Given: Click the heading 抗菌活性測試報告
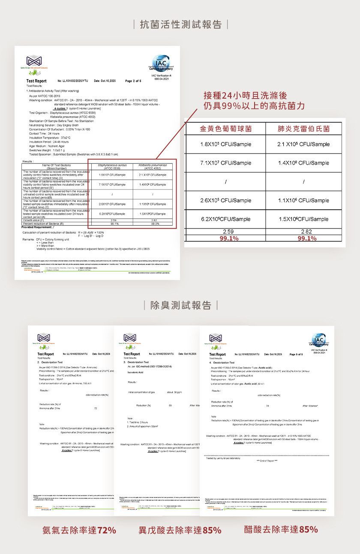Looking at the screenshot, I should pyautogui.click(x=180, y=24).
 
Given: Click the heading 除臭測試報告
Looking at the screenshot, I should pyautogui.click(x=180, y=305).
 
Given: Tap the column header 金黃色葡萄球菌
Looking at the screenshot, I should pyautogui.click(x=225, y=129).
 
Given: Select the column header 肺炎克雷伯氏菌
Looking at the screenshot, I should pyautogui.click(x=303, y=129).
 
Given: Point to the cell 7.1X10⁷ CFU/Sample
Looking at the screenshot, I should pyautogui.click(x=225, y=163).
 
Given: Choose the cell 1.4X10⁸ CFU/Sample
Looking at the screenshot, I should pyautogui.click(x=303, y=163).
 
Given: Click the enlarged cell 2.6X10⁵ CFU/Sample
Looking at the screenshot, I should pyautogui.click(x=225, y=200).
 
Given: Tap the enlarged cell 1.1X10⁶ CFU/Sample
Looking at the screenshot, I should pyautogui.click(x=303, y=200).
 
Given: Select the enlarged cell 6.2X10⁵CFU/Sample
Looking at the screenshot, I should pyautogui.click(x=225, y=219).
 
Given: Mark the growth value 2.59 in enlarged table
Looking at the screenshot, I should pyautogui.click(x=225, y=232).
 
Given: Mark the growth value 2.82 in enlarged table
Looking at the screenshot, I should pyautogui.click(x=303, y=232).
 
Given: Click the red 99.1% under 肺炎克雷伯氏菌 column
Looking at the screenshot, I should pyautogui.click(x=303, y=239).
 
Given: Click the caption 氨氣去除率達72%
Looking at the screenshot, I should pyautogui.click(x=79, y=530).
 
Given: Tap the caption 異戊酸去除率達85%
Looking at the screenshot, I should pyautogui.click(x=180, y=530).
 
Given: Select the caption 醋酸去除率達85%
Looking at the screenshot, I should pyautogui.click(x=281, y=530).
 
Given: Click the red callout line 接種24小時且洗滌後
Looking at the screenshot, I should pyautogui.click(x=246, y=95).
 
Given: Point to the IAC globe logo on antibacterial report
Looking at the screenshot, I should pyautogui.click(x=160, y=63).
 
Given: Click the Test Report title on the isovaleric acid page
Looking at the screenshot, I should pyautogui.click(x=132, y=354).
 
